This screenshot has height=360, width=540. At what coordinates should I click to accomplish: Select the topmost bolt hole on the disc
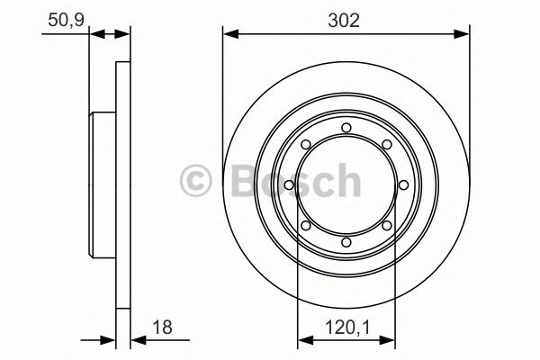tap(346, 127)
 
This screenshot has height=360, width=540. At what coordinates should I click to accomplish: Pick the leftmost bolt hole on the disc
tap(288, 185)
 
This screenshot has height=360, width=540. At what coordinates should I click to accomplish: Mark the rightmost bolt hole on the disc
tap(403, 185)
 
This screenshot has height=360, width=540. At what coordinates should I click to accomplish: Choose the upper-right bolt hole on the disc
tap(386, 145)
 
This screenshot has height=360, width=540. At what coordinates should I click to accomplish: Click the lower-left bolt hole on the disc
tap(305, 226)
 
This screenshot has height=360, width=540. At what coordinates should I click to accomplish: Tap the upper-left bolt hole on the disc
tap(305, 145)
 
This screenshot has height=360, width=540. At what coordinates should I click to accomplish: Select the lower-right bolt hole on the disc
tap(386, 226)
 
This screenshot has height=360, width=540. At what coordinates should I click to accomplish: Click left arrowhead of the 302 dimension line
tap(229, 35)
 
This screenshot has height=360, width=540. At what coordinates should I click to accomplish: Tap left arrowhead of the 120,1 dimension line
tap(303, 340)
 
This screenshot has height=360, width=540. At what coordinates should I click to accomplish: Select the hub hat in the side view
tap(102, 185)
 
